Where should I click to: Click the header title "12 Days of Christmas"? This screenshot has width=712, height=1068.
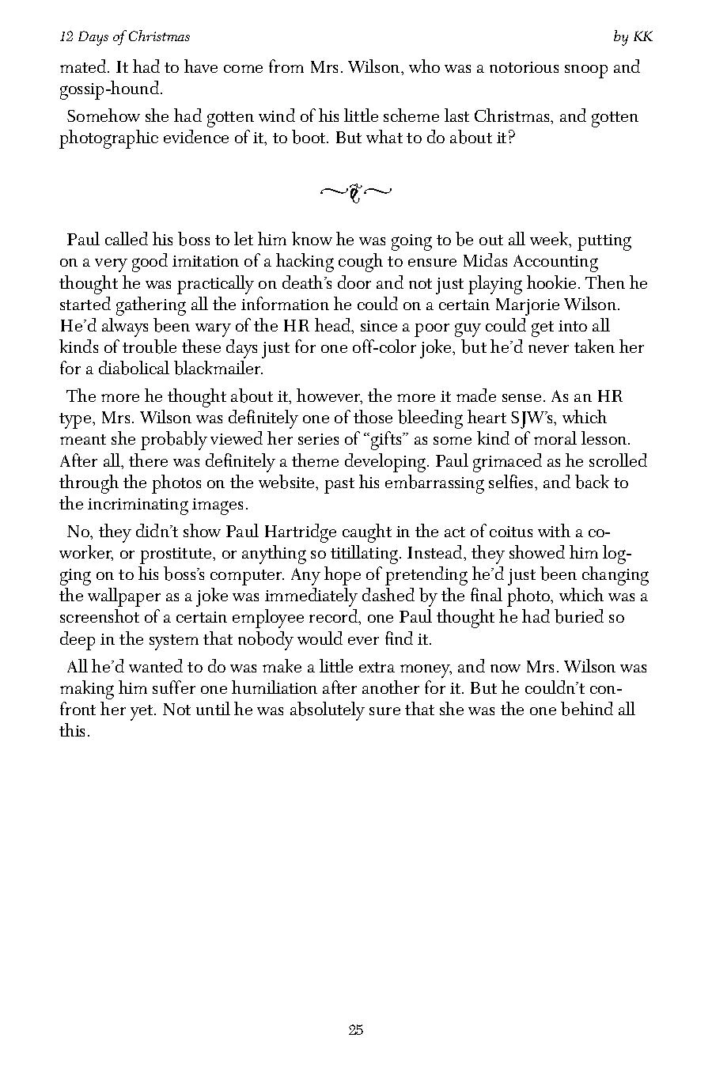124,37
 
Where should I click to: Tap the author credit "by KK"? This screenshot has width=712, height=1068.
633,37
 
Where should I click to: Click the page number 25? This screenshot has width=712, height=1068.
355,1030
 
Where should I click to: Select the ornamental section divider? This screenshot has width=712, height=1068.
355,192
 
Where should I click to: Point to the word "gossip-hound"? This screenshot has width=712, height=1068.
110,89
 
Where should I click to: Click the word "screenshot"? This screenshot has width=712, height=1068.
103,617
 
